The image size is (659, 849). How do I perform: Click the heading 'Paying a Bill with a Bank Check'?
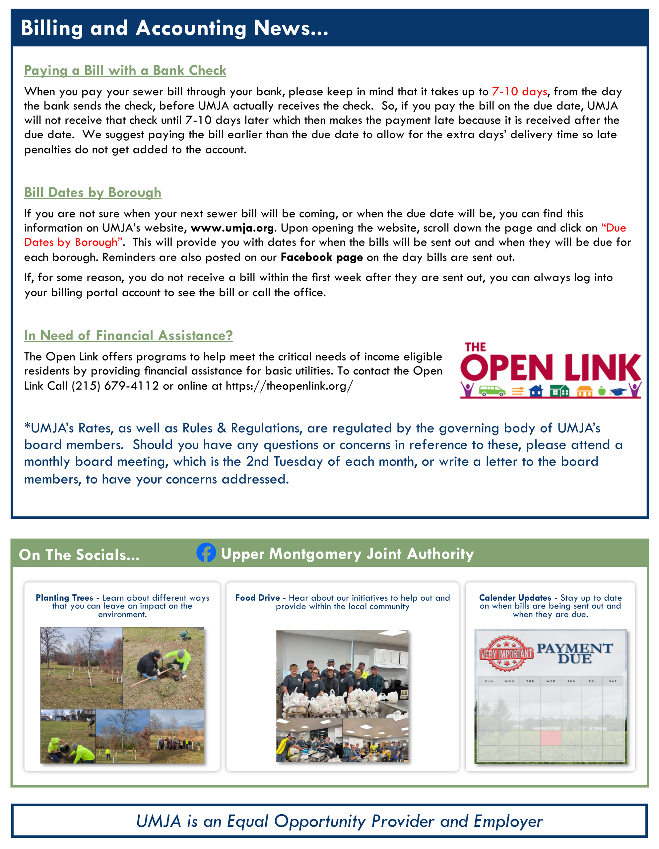click(125, 70)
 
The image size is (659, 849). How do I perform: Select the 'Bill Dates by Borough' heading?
click(93, 192)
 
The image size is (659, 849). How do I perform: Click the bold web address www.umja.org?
click(232, 228)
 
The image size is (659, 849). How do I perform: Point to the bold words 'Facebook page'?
click(321, 257)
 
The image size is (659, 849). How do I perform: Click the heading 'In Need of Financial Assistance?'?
click(128, 336)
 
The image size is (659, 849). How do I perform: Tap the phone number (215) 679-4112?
click(115, 386)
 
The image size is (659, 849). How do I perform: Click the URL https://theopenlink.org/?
click(289, 386)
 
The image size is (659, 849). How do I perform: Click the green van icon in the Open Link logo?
click(492, 390)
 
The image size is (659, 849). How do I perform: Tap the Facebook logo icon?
click(206, 553)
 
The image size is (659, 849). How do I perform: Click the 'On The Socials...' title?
click(79, 555)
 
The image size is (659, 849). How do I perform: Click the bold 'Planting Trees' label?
click(65, 598)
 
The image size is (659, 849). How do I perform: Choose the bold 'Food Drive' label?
click(257, 598)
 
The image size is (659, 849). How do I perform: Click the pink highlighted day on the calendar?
click(551, 738)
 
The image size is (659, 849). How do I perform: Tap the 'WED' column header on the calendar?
click(551, 681)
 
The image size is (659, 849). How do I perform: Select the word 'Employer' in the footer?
click(508, 821)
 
